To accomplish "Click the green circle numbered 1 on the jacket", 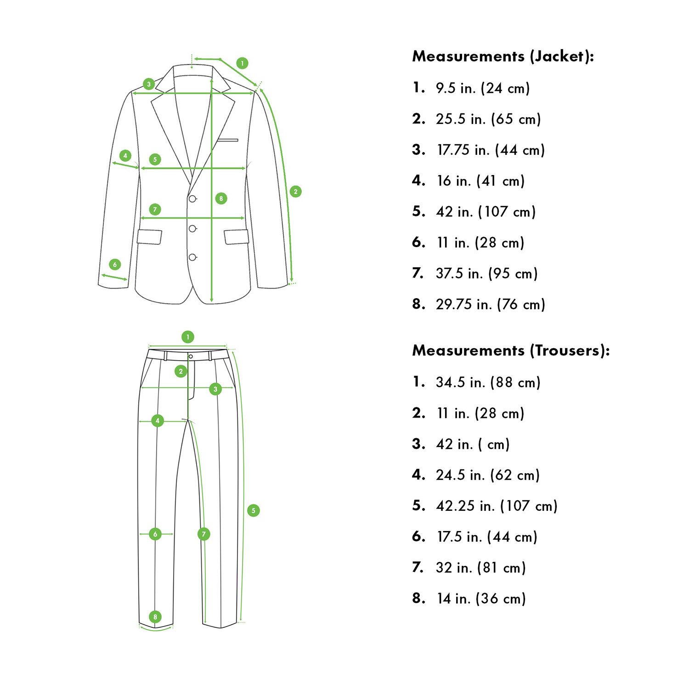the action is (242, 63).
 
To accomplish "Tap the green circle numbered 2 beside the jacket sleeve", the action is (295, 192).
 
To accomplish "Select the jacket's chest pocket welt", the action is (228, 140).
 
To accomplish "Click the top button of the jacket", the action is (192, 198).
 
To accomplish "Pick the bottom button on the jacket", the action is (192, 257).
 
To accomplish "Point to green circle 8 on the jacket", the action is (221, 198).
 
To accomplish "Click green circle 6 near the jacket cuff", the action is (115, 264).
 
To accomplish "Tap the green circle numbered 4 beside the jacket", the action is (125, 155).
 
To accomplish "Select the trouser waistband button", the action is (191, 356).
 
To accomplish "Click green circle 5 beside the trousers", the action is (253, 510).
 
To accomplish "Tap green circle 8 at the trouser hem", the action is (155, 616).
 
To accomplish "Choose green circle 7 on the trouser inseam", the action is (203, 534).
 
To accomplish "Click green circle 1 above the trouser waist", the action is (187, 337).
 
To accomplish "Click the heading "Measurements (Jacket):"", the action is (503, 56).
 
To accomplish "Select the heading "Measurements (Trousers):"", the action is (511, 351).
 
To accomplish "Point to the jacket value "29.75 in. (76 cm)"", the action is (490, 304).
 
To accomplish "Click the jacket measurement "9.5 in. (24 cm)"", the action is (483, 88).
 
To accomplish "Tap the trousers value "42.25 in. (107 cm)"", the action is (497, 506).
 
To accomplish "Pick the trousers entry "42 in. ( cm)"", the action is (473, 444).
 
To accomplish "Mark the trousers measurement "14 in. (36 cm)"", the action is (481, 599).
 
